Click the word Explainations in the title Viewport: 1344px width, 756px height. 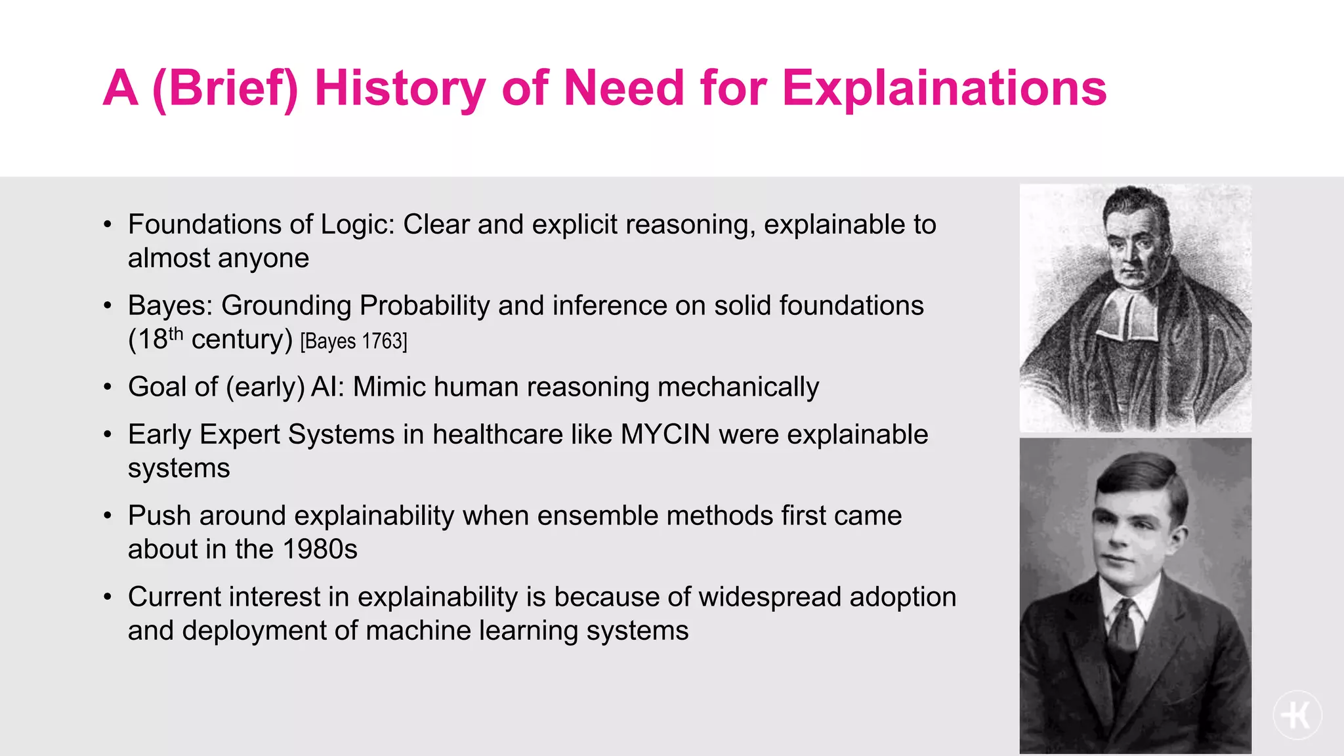click(x=944, y=89)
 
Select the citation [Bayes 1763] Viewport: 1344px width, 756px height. click(x=354, y=341)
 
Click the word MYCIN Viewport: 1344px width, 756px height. click(x=665, y=434)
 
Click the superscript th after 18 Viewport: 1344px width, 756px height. click(x=175, y=333)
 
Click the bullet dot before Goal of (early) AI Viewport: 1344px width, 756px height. click(x=108, y=388)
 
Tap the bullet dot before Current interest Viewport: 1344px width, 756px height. click(x=108, y=598)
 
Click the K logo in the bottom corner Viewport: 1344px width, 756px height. click(x=1297, y=715)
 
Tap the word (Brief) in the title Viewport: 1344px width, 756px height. click(x=225, y=89)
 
